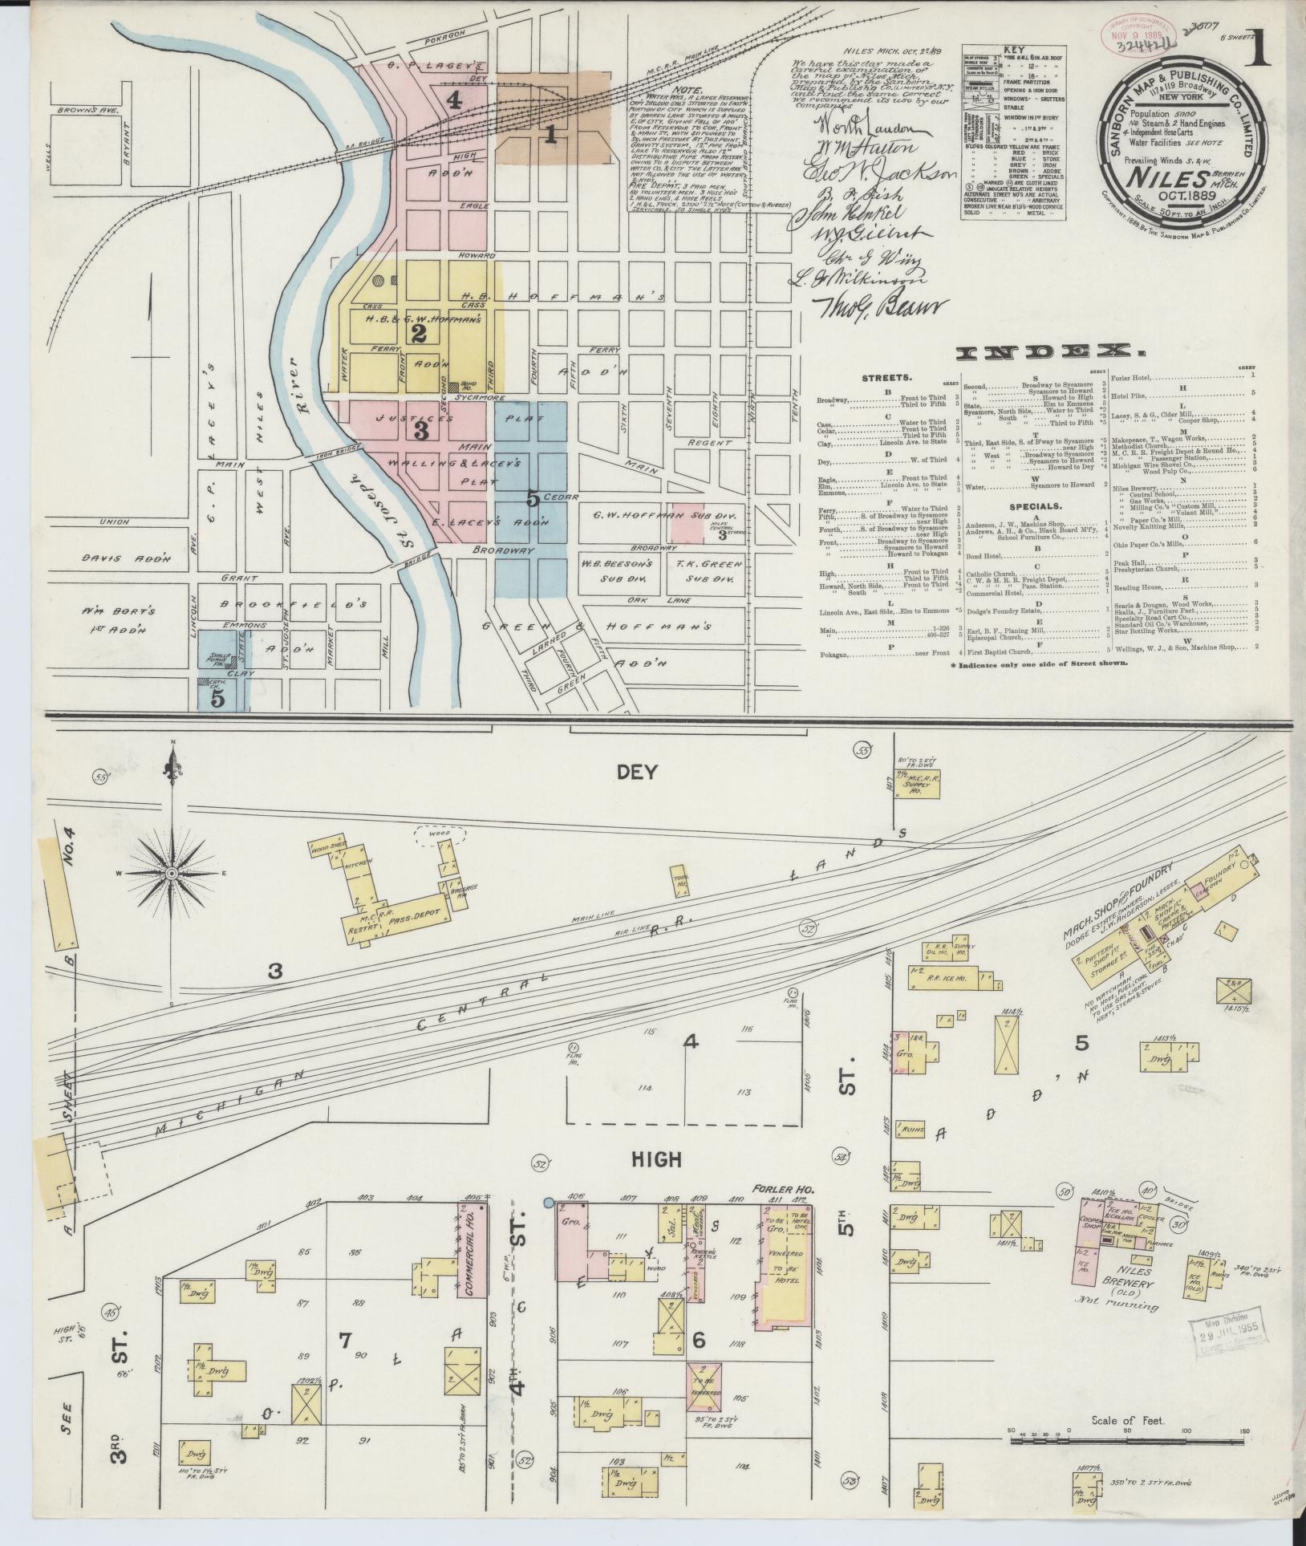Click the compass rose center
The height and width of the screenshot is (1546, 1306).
172,872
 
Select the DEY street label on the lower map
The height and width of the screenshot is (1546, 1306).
637,772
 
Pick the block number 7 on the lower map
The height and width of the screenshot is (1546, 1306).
345,1339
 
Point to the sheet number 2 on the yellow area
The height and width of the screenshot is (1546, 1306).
418,335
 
